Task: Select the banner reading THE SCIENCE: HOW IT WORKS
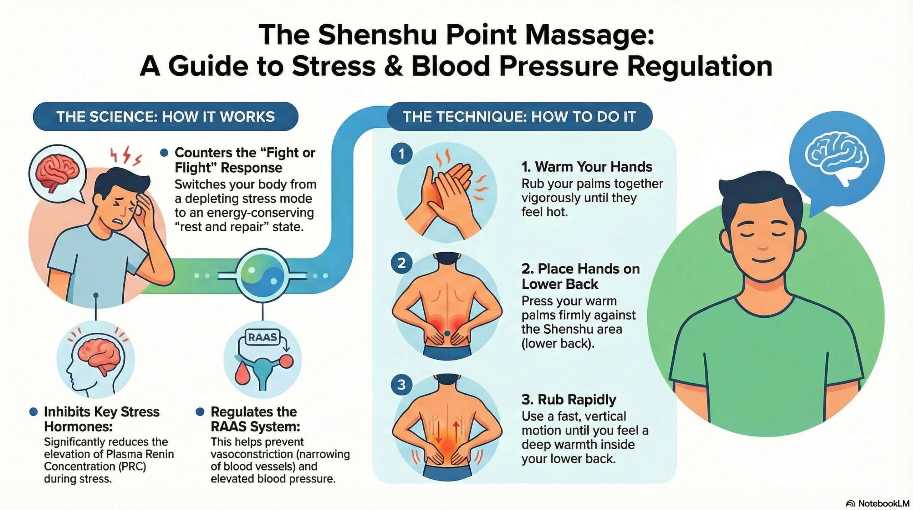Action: coord(165,116)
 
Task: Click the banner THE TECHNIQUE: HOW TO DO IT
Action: coord(520,116)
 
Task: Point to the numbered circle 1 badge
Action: coord(402,154)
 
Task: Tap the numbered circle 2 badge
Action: coord(402,263)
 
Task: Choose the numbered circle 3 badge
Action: coord(402,385)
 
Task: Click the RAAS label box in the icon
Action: coord(262,337)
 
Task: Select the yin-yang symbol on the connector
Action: coord(263,276)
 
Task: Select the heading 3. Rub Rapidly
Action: coord(568,399)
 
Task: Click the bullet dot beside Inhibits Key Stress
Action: coord(34,412)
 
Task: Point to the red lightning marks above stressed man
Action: coord(127,157)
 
